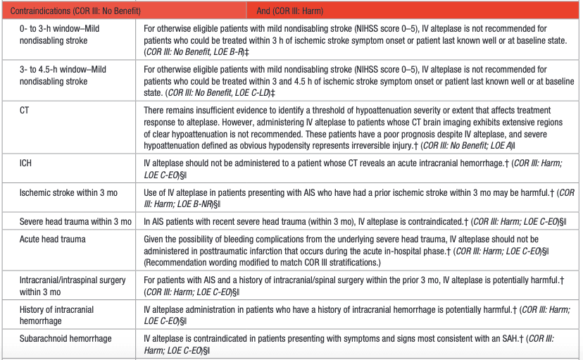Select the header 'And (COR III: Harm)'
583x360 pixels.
pyautogui.click(x=296, y=11)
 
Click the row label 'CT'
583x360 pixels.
pyautogui.click(x=25, y=111)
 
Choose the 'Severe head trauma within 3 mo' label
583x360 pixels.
pyautogui.click(x=75, y=222)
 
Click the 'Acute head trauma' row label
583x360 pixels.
pyautogui.click(x=52, y=240)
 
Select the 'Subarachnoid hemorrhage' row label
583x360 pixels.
pyautogui.click(x=65, y=339)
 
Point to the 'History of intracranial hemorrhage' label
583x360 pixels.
pyautogui.click(x=56, y=314)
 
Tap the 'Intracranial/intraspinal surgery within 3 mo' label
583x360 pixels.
pyautogui.click(x=73, y=285)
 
